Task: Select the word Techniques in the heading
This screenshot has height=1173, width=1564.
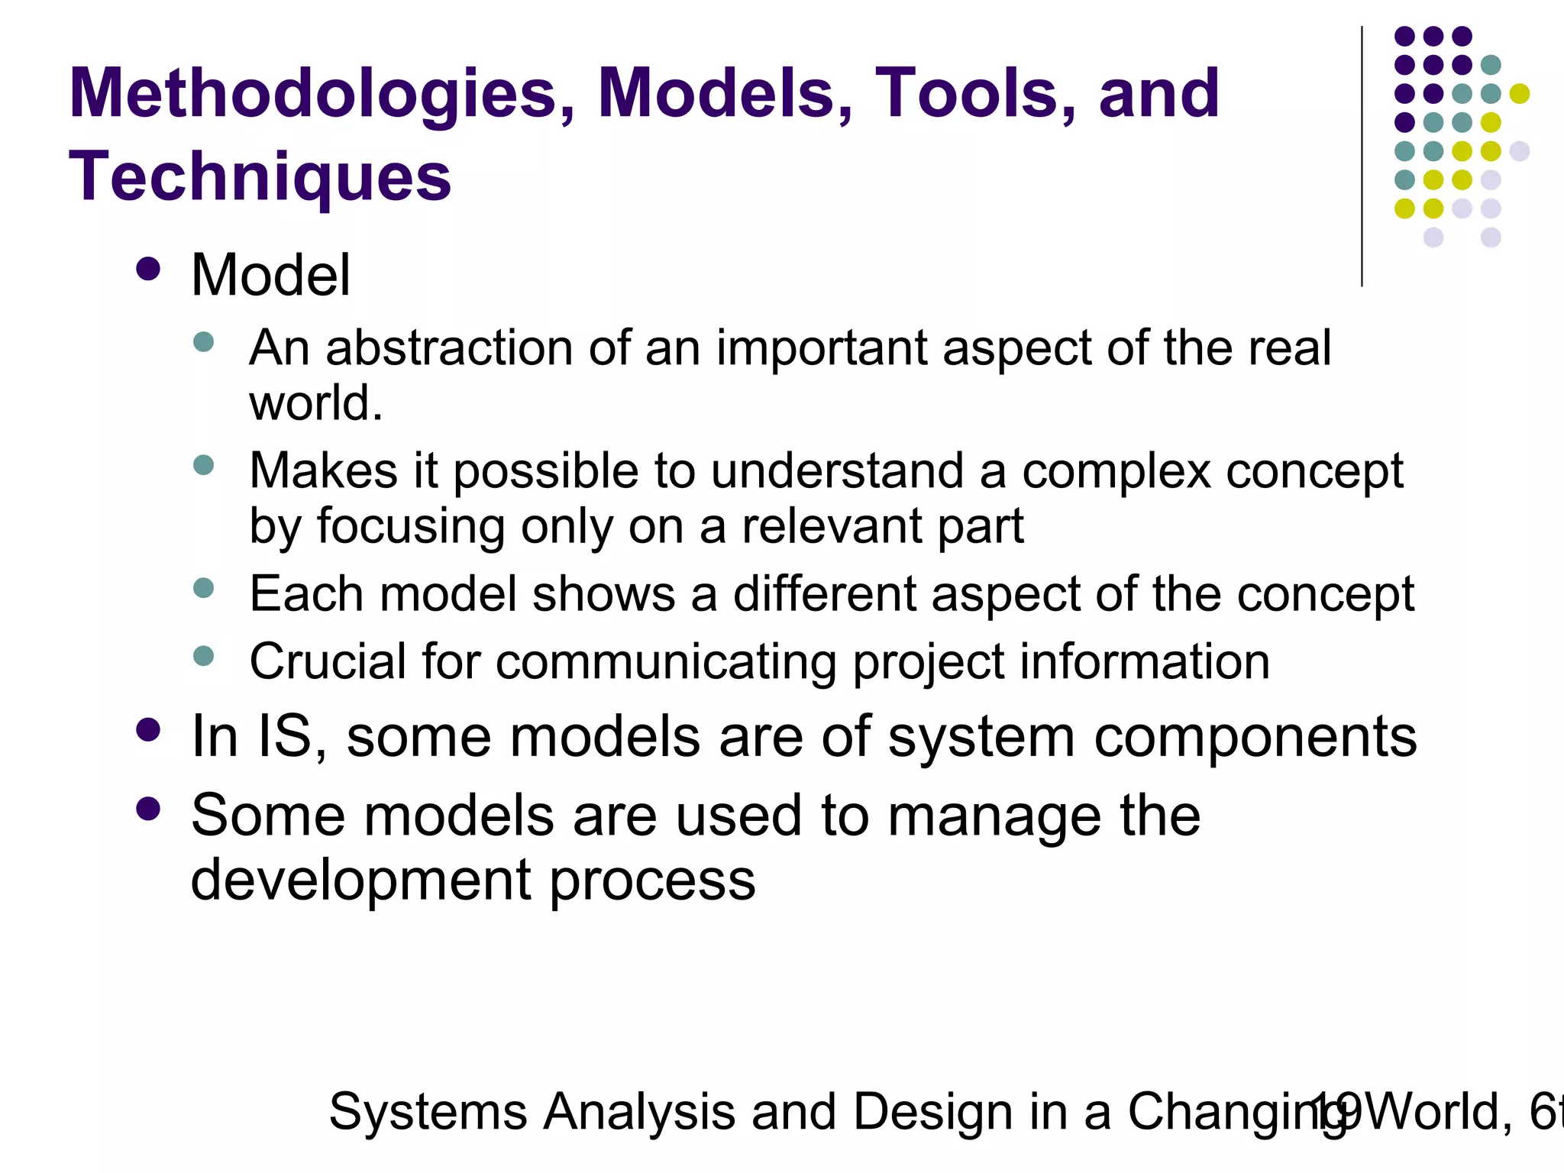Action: (x=260, y=178)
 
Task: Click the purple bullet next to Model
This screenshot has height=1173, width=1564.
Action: (x=147, y=269)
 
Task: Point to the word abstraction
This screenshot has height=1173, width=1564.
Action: (x=450, y=348)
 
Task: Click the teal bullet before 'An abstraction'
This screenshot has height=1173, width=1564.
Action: (x=203, y=341)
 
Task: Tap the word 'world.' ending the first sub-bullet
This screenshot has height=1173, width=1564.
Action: (x=315, y=403)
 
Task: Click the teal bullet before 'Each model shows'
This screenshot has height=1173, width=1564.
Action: (x=203, y=587)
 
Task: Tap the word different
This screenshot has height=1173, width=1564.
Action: (x=823, y=594)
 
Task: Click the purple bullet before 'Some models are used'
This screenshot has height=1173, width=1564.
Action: (x=147, y=808)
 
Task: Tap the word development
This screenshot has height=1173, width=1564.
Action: (x=360, y=880)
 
